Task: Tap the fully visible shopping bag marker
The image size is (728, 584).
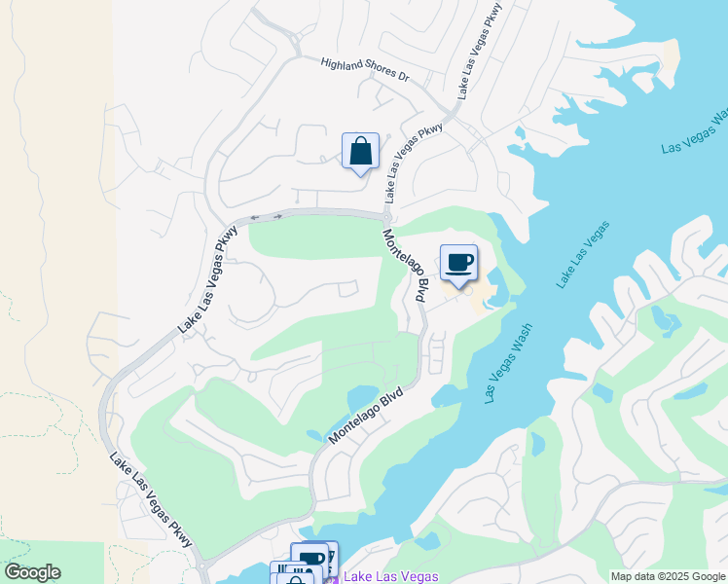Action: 360,152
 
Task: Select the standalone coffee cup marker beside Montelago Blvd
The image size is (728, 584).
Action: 459,262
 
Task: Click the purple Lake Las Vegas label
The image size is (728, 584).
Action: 382,577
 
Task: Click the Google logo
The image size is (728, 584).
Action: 31,572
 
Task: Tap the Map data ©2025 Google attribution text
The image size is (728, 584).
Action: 668,576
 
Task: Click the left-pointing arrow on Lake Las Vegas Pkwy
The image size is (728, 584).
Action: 255,217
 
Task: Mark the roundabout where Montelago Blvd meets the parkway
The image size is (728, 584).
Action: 386,216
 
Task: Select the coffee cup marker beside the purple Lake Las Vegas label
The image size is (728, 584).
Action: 311,559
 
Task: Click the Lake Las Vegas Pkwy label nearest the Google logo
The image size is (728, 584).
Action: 150,501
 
